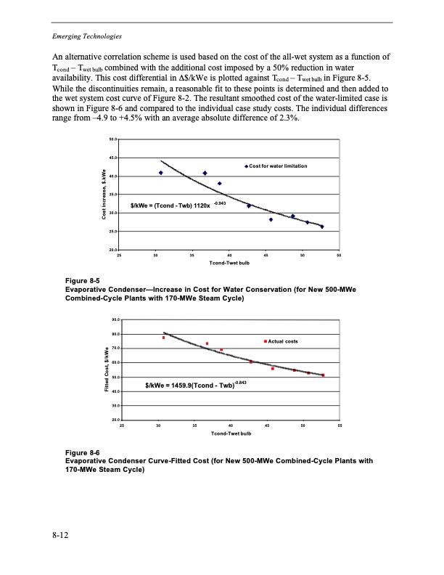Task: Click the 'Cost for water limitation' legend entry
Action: click(x=279, y=167)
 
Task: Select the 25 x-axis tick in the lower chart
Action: click(x=122, y=425)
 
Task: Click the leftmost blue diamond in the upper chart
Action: click(x=160, y=173)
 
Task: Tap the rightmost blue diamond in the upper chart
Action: click(x=322, y=227)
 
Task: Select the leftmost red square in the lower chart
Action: click(x=164, y=338)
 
